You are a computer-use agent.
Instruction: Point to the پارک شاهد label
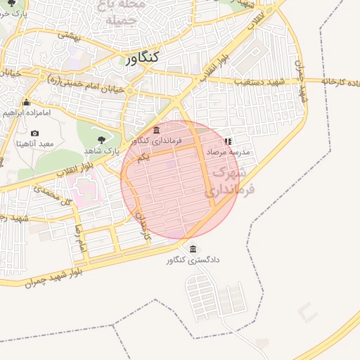click(100, 150)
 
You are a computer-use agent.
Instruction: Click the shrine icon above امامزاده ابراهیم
click(27, 102)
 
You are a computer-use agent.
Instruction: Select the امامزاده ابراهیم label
click(25, 112)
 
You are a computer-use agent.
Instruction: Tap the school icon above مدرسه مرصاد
click(228, 141)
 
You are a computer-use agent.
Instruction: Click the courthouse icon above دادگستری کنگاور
click(193, 249)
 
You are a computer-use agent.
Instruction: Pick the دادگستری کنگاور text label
click(193, 260)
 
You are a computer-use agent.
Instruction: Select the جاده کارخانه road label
click(335, 82)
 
